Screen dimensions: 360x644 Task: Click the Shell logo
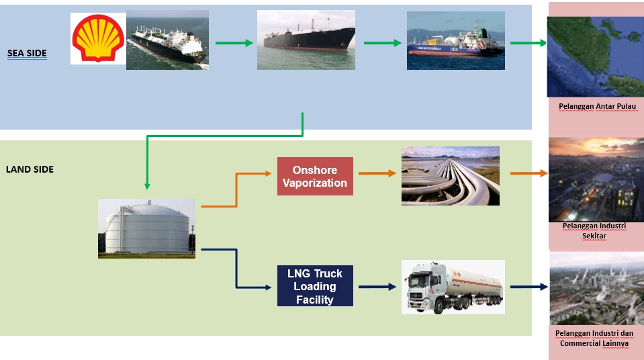pyautogui.click(x=98, y=38)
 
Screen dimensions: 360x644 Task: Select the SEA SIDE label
pyautogui.click(x=27, y=53)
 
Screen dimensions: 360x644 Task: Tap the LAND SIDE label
pyautogui.click(x=30, y=169)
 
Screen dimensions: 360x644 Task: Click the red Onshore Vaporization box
pyautogui.click(x=315, y=177)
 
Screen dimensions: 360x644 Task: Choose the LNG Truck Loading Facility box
pyautogui.click(x=315, y=286)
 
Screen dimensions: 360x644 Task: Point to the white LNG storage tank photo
pyautogui.click(x=146, y=228)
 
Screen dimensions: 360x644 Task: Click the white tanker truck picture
pyautogui.click(x=453, y=287)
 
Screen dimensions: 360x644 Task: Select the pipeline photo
pyautogui.click(x=450, y=176)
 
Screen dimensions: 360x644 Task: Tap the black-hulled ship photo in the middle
pyautogui.click(x=306, y=40)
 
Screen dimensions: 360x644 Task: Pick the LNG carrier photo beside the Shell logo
pyautogui.click(x=167, y=41)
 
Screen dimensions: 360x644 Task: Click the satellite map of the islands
pyautogui.click(x=595, y=56)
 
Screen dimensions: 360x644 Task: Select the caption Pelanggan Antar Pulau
pyautogui.click(x=597, y=106)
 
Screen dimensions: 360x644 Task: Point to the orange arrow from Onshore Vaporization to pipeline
pyautogui.click(x=377, y=173)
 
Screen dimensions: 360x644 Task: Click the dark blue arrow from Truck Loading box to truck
pyautogui.click(x=377, y=287)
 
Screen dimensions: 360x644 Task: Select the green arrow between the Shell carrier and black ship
pyautogui.click(x=234, y=43)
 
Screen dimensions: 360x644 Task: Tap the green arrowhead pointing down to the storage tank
pyautogui.click(x=147, y=186)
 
